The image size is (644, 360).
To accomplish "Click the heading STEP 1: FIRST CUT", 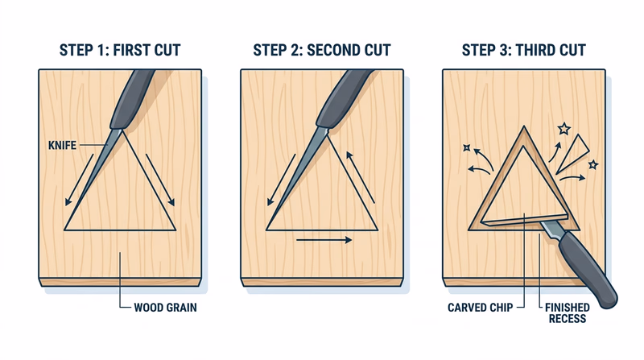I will click(120, 51).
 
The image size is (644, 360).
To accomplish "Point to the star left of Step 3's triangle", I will click(466, 147).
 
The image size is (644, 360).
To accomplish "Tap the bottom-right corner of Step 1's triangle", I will click(175, 230).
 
